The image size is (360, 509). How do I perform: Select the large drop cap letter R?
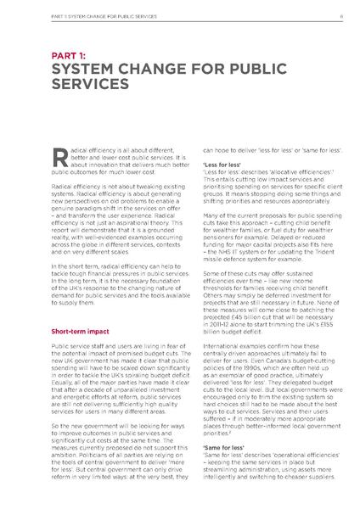(59, 155)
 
